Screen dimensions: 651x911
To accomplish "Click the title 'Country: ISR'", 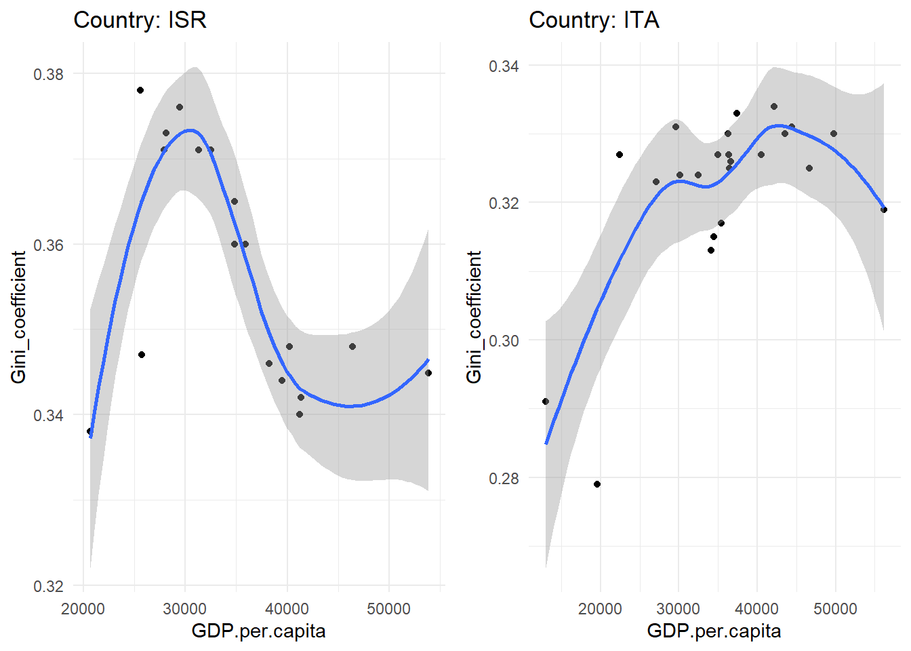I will pyautogui.click(x=140, y=20).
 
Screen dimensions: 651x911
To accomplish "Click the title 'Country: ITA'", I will pyautogui.click(x=594, y=20).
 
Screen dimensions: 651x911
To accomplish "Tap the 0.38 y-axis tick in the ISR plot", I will pyautogui.click(x=48, y=74).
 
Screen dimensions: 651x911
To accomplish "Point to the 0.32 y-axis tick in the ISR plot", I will pyautogui.click(x=48, y=586).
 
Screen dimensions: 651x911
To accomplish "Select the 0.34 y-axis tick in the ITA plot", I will pyautogui.click(x=504, y=66).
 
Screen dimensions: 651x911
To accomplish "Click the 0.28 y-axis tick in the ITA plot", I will pyautogui.click(x=504, y=478).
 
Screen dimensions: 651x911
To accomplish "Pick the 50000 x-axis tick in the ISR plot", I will pyautogui.click(x=388, y=609).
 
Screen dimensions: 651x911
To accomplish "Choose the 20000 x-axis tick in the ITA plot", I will pyautogui.click(x=600, y=609).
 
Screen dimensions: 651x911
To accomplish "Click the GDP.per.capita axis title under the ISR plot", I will pyautogui.click(x=258, y=631).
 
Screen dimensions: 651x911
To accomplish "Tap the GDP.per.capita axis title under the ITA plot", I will pyautogui.click(x=714, y=631).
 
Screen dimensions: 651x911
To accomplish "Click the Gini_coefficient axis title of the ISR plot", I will pyautogui.click(x=18, y=317).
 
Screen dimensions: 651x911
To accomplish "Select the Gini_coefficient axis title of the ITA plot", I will pyautogui.click(x=474, y=317).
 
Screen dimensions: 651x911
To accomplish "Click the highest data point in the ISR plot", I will pyautogui.click(x=140, y=90).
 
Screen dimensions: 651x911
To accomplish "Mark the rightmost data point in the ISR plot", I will pyautogui.click(x=428, y=373).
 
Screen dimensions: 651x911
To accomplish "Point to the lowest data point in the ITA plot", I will pyautogui.click(x=597, y=484).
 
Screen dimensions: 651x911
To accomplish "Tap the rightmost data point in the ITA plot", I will pyautogui.click(x=884, y=210).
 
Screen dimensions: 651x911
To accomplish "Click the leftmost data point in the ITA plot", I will pyautogui.click(x=546, y=401).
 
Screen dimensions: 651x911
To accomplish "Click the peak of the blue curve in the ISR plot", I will pyautogui.click(x=190, y=130).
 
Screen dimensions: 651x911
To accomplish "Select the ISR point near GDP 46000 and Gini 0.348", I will pyautogui.click(x=352, y=347).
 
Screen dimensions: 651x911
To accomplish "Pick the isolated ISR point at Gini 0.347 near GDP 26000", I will pyautogui.click(x=142, y=355).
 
